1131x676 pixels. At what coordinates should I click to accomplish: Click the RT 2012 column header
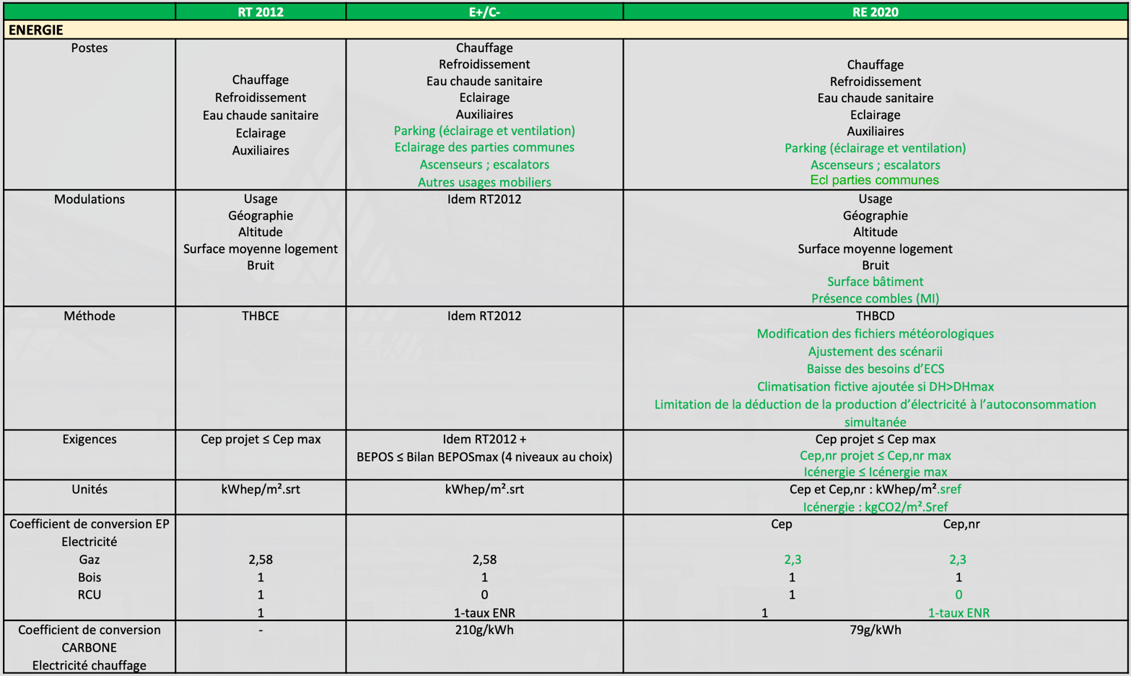[x=261, y=12]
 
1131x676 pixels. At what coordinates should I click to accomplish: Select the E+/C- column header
[x=484, y=12]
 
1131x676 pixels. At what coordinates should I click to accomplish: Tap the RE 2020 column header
[x=875, y=12]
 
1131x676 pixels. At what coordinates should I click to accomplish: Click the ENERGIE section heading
[x=36, y=30]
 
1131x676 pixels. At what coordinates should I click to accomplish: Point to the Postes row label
[x=89, y=48]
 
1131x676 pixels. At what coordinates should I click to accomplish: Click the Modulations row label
[x=89, y=199]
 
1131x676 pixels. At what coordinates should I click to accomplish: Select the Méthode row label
[x=89, y=316]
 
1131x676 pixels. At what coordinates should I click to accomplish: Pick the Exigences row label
[x=89, y=439]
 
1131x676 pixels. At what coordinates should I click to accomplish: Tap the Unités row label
[x=89, y=490]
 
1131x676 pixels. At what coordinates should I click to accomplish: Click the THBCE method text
[x=261, y=316]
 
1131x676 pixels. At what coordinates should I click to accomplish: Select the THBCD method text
[x=875, y=316]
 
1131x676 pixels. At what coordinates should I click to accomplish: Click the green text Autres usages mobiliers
[x=484, y=183]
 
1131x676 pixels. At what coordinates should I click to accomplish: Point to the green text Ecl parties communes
[x=875, y=181]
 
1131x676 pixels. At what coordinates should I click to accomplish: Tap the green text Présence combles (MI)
[x=875, y=298]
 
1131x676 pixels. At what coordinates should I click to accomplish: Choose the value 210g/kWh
[x=484, y=630]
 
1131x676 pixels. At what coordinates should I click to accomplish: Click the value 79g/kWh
[x=875, y=630]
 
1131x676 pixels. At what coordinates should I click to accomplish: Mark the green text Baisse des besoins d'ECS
[x=875, y=369]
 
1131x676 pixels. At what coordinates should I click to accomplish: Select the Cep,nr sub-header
[x=961, y=524]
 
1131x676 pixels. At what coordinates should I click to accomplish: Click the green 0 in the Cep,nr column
[x=958, y=595]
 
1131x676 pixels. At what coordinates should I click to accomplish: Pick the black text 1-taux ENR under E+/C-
[x=484, y=613]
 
